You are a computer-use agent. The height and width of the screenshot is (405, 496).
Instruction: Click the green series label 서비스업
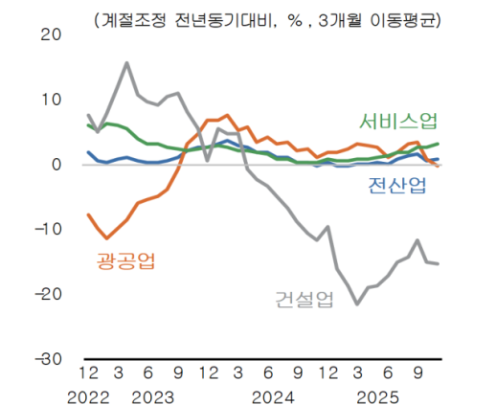(399, 122)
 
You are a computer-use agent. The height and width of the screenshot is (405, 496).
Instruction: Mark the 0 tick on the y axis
(56, 165)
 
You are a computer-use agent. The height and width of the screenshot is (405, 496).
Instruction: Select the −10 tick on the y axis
(43, 230)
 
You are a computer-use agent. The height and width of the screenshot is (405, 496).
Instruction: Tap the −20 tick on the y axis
(43, 294)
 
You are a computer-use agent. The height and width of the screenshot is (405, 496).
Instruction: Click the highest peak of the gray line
(127, 63)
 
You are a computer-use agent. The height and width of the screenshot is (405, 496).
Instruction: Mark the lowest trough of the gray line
(357, 304)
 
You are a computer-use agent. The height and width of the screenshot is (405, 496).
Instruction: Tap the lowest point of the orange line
(107, 237)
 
